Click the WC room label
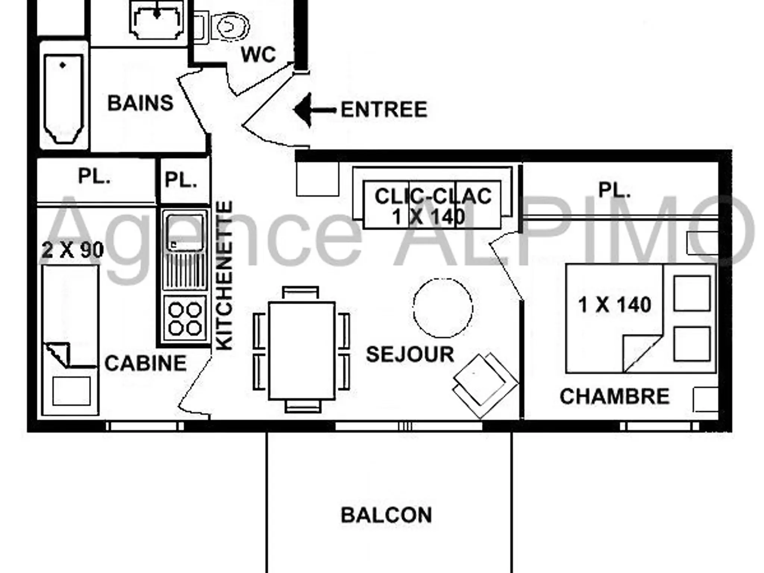click(258, 54)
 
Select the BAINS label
click(140, 103)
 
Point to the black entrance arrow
click(314, 110)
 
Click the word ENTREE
click(384, 110)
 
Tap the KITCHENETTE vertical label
click(225, 276)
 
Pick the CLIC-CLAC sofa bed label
click(433, 196)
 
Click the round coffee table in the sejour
click(443, 308)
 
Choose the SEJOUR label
click(410, 354)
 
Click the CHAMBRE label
click(614, 397)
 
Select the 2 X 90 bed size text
click(73, 250)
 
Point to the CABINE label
click(145, 363)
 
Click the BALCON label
click(386, 515)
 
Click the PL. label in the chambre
click(614, 190)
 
